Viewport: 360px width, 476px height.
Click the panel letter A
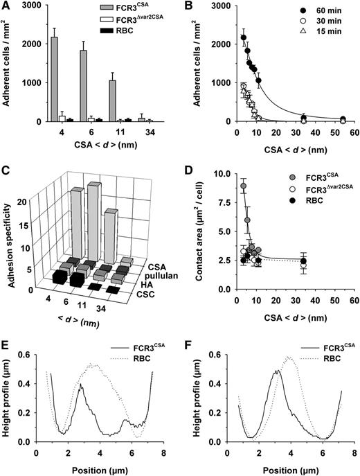pos(6,7)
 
